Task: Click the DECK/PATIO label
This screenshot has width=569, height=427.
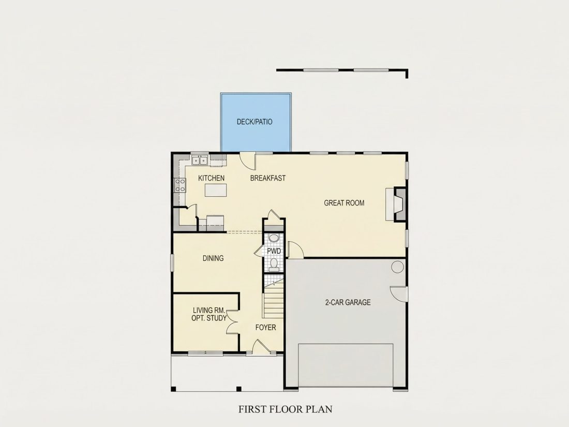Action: point(254,122)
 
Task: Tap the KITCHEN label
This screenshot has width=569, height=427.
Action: point(211,178)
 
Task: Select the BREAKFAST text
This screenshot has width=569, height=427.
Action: point(268,178)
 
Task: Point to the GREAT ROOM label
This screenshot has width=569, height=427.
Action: point(344,202)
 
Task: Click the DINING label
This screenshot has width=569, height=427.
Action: point(213,258)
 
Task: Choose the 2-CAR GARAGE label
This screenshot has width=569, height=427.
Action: point(348,302)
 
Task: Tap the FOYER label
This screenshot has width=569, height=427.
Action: point(266,328)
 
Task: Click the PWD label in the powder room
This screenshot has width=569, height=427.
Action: point(274,251)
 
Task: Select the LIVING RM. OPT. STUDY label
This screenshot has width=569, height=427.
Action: point(209,314)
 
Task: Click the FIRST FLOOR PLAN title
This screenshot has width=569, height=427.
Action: point(285,409)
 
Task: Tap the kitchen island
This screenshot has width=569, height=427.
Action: point(216,190)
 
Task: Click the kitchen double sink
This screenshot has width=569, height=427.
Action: point(200,160)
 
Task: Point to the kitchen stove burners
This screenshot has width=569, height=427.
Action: point(180,185)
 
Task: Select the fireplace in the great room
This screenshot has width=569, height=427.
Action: point(396,204)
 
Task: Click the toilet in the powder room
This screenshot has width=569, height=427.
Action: point(274,264)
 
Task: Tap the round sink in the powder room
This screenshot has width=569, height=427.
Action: point(274,238)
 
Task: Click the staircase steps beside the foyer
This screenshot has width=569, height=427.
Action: point(273,300)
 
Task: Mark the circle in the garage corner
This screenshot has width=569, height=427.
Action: point(398,267)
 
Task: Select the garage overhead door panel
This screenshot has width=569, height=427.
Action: point(346,365)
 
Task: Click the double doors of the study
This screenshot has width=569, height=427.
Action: point(232,321)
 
